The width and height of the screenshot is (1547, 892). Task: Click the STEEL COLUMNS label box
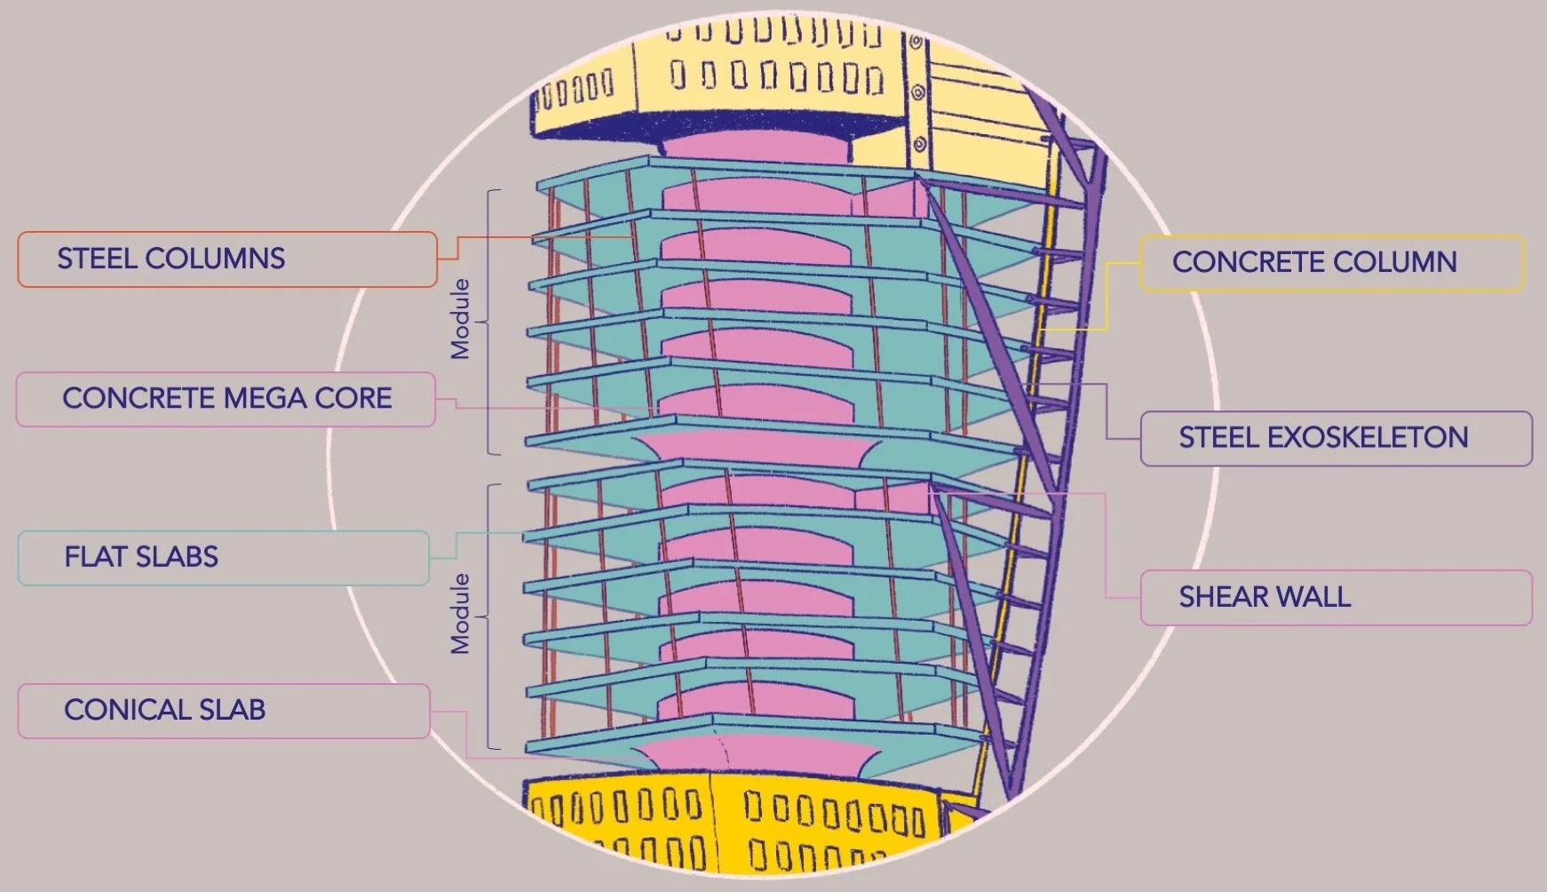point(226,259)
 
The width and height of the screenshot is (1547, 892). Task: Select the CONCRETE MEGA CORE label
point(226,399)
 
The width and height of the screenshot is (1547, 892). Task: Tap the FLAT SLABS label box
point(223,558)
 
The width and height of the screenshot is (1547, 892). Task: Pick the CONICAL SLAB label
point(223,710)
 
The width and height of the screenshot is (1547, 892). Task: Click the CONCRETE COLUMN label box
point(1331,262)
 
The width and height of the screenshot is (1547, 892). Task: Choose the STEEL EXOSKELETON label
point(1336,438)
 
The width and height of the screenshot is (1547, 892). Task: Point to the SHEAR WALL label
point(1336,597)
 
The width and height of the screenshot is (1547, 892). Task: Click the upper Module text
point(460,319)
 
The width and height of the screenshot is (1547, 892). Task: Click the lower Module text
point(460,614)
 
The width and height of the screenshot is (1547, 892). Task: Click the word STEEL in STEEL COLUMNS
point(97,259)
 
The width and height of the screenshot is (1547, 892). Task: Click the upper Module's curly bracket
point(491,322)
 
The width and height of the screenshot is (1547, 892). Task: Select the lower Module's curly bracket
point(491,616)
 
